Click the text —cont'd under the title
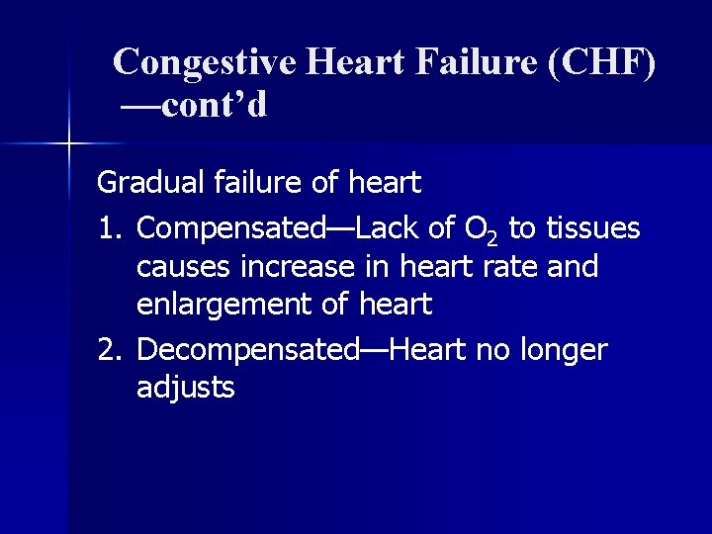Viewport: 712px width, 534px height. coord(194,105)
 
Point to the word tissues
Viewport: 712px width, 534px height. coord(592,229)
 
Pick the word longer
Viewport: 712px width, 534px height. coord(563,350)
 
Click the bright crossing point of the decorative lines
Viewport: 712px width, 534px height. coord(68,144)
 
